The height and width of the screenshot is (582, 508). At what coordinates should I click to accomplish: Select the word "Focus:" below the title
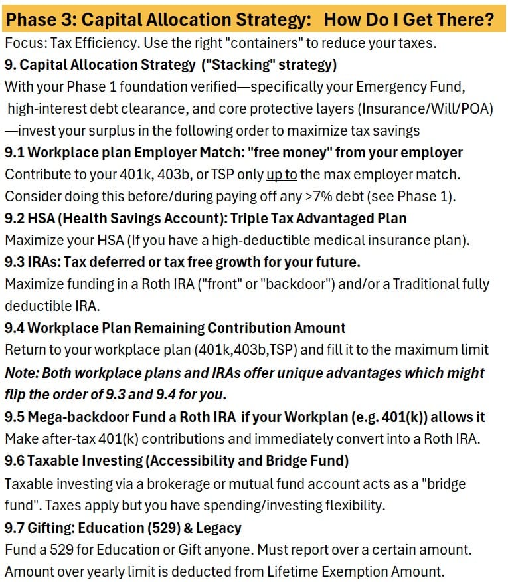(23, 45)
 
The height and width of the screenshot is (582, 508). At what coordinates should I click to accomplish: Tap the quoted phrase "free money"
(290, 153)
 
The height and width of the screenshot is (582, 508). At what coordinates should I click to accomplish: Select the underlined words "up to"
(282, 175)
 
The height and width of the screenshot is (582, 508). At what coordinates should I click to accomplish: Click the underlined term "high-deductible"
(261, 241)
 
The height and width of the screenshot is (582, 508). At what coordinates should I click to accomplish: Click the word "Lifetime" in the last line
(290, 571)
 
